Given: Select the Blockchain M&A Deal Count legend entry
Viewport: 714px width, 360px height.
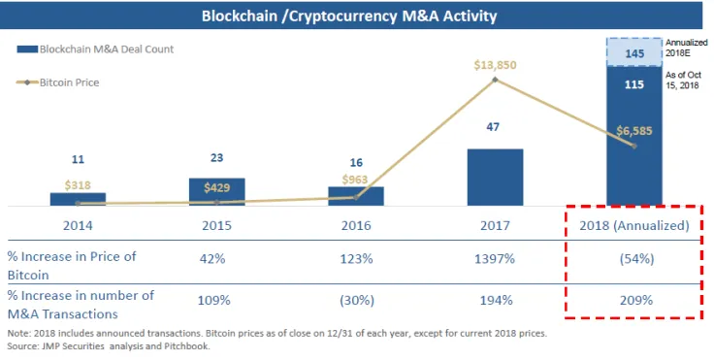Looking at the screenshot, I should pos(94,49).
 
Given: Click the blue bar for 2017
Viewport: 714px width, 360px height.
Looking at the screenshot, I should pos(495,177).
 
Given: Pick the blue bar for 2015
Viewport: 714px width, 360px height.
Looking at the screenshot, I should pos(216,191).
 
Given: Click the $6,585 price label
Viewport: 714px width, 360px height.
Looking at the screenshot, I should pos(633,129).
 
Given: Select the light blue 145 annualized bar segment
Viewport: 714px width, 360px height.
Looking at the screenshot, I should pos(634,52).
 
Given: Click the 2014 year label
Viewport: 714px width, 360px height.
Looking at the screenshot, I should pos(78,225).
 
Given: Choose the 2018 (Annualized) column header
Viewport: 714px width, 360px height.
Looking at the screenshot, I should pos(634,225).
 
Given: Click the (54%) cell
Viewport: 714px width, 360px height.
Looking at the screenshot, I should pos(634,260).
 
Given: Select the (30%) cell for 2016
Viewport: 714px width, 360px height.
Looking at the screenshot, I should pos(356,301).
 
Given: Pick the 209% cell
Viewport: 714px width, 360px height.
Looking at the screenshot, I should pos(634,301).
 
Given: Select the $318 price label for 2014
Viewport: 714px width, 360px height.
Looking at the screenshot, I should pos(78,184).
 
